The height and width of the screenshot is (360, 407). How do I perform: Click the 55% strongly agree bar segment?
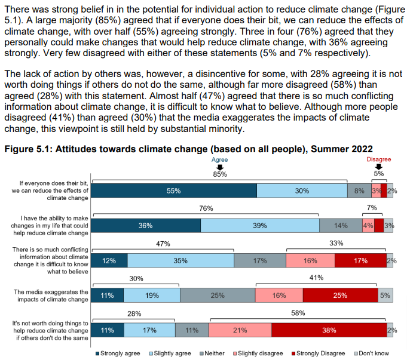173,190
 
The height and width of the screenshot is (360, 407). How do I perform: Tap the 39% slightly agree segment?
259,225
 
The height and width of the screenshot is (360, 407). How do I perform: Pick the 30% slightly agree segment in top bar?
302,190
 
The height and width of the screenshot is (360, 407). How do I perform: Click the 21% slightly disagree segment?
240,330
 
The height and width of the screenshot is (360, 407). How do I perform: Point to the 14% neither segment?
340,225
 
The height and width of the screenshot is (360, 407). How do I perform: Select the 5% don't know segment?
385,295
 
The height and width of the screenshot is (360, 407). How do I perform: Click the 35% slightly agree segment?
180,260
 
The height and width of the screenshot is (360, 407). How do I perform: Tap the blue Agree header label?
219,160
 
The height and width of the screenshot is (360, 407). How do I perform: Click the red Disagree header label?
378,160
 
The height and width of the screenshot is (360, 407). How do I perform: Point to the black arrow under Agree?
219,167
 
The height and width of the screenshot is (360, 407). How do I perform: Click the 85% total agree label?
219,174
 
